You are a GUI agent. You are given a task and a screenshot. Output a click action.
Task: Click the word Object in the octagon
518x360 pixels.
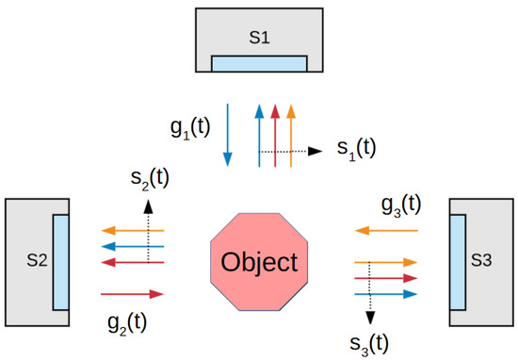pyautogui.click(x=259, y=261)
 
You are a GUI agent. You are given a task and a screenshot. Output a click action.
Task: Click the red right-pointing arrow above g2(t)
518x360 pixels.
pyautogui.click(x=131, y=293)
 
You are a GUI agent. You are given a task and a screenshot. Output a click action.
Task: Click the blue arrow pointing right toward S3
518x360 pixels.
pyautogui.click(x=385, y=294)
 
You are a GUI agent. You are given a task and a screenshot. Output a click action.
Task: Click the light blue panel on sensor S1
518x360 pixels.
pyautogui.click(x=259, y=63)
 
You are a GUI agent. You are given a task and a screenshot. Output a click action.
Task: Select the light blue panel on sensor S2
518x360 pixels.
pyautogui.click(x=60, y=260)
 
